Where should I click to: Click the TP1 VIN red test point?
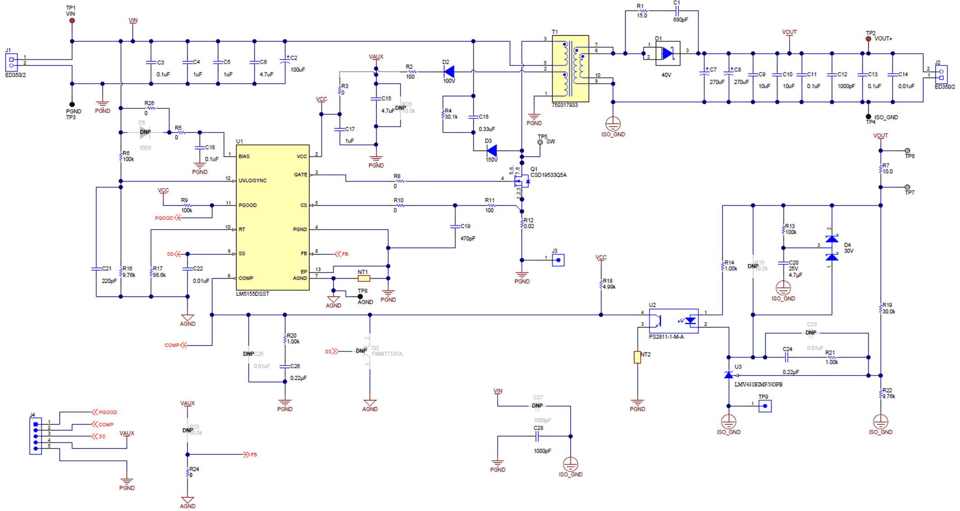pyautogui.click(x=72, y=21)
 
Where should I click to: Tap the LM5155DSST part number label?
pyautogui.click(x=252, y=294)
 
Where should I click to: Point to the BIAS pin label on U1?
pyautogui.click(x=244, y=156)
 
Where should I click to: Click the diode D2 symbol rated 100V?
pyautogui.click(x=449, y=71)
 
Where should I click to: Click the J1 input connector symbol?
pyautogui.click(x=11, y=62)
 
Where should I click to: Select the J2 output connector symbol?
pyautogui.click(x=941, y=74)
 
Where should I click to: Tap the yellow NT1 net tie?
pyautogui.click(x=364, y=278)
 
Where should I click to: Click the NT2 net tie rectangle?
pyautogui.click(x=637, y=357)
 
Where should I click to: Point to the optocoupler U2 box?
pyautogui.click(x=673, y=321)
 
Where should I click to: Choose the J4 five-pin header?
pyautogui.click(x=35, y=436)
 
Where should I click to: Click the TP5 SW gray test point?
pyautogui.click(x=540, y=142)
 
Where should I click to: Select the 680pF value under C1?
pyautogui.click(x=680, y=20)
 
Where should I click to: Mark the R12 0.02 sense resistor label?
pyautogui.click(x=528, y=223)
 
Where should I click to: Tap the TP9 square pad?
pyautogui.click(x=765, y=406)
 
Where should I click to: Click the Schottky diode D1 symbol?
pyautogui.click(x=668, y=53)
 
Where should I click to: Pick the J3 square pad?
pyautogui.click(x=558, y=260)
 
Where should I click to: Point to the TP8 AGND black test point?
pyautogui.click(x=360, y=297)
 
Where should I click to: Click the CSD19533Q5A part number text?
pyautogui.click(x=548, y=175)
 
